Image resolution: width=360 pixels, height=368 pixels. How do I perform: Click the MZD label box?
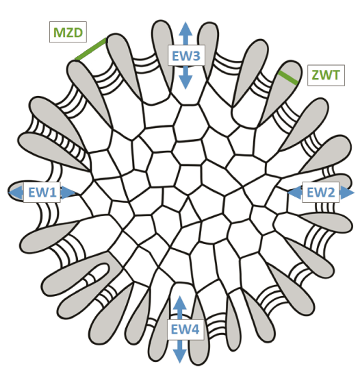(68, 32)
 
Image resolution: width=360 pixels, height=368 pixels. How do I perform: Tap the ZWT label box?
(326, 75)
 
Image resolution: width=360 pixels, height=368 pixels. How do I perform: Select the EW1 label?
(42, 192)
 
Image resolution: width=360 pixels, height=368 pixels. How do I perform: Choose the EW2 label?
(320, 192)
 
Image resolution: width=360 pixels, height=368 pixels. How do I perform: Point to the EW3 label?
(186, 56)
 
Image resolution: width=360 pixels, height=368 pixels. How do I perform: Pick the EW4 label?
(185, 329)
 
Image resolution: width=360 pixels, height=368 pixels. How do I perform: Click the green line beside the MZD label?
(90, 49)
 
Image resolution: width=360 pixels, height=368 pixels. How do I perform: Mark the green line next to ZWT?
(288, 77)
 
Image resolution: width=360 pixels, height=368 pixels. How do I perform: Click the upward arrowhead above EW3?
(185, 29)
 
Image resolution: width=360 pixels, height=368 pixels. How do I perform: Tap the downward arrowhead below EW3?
(185, 82)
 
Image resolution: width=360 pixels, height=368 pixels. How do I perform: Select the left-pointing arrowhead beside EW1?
(16, 193)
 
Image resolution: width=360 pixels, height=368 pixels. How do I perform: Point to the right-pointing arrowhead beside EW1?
(68, 193)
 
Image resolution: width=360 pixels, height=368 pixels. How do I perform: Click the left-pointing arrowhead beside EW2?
(295, 193)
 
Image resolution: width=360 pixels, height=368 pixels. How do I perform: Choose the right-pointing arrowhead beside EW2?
(347, 193)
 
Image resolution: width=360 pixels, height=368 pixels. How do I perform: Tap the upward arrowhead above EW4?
(180, 303)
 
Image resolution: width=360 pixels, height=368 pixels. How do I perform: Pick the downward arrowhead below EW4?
(180, 356)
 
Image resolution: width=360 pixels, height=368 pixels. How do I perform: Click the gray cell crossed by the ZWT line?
(280, 94)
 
